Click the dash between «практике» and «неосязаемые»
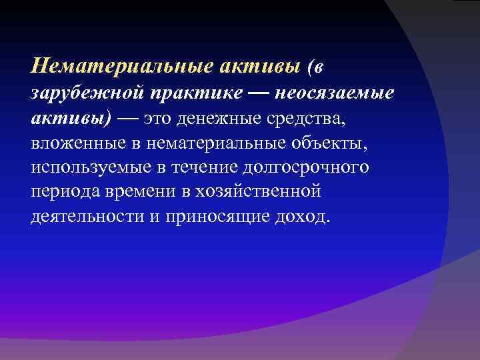point(259,93)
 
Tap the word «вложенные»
point(69,143)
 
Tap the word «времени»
point(134,192)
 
